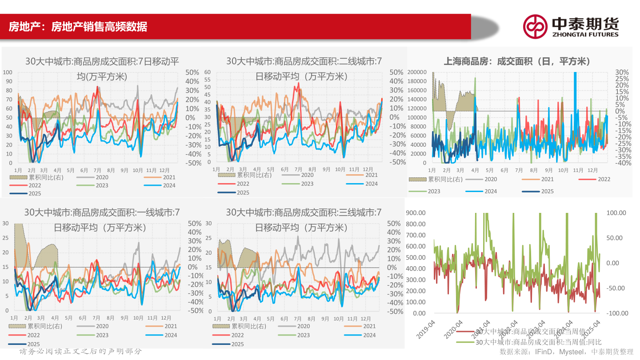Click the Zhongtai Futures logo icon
coord(535,26)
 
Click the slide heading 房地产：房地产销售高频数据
coord(78,27)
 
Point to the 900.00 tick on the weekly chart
coord(416,213)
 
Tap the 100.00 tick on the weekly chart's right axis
coord(616,213)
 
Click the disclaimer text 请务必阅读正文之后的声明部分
coord(81,352)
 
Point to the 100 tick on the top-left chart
coord(8,72)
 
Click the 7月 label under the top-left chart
coord(98,170)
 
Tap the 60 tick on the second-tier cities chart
coord(207,72)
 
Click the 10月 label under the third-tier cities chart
coord(340,319)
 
